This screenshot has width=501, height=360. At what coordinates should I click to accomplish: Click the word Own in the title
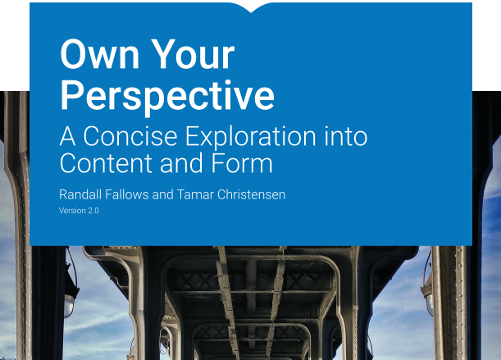(x=100, y=54)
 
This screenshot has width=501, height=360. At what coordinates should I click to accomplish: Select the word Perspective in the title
(x=167, y=97)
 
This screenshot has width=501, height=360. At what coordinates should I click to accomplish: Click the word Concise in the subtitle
(x=130, y=136)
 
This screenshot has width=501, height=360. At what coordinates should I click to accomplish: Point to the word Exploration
(x=251, y=137)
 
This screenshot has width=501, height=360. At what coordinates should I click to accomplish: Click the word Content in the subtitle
(x=106, y=163)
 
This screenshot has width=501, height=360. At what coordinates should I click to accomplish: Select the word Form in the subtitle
(x=242, y=163)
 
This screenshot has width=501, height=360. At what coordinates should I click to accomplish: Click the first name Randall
(x=80, y=194)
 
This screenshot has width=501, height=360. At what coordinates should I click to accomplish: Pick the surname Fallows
(x=127, y=194)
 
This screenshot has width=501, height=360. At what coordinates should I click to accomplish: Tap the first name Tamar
(x=195, y=194)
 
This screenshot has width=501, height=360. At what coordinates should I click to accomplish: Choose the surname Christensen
(x=251, y=194)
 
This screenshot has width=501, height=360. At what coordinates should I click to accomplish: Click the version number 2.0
(x=93, y=211)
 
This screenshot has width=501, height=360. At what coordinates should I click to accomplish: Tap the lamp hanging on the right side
(x=428, y=297)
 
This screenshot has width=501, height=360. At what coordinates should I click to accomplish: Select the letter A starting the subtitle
(x=67, y=136)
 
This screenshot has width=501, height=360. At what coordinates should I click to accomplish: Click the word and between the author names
(x=163, y=194)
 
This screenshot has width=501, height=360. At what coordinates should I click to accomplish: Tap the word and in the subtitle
(x=181, y=163)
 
